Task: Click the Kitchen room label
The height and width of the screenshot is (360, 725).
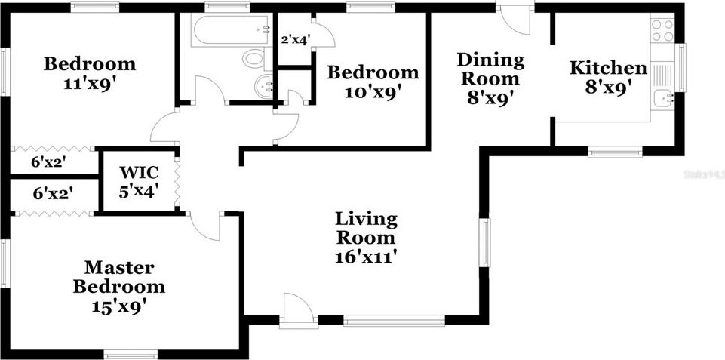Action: [x=607, y=68]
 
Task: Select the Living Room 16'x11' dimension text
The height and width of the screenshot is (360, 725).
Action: [x=366, y=256]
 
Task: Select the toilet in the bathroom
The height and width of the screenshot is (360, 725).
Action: [x=253, y=58]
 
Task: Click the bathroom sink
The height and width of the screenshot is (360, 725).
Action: [x=264, y=85]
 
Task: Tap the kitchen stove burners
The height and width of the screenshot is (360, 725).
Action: [x=662, y=31]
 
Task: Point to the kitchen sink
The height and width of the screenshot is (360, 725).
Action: [x=663, y=97]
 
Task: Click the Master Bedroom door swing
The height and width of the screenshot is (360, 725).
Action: [x=204, y=223]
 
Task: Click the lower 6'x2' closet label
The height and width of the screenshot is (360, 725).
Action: [x=51, y=193]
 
